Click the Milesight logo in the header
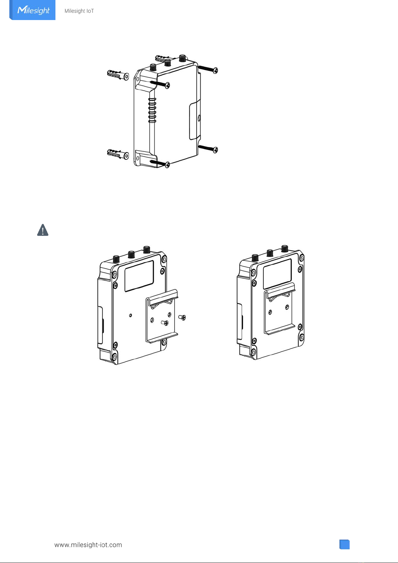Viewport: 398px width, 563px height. [33, 10]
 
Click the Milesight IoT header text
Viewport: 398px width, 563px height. [79, 11]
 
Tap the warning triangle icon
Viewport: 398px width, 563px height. [43, 230]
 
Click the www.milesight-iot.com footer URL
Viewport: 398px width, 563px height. [88, 545]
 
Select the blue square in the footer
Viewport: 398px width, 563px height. [345, 544]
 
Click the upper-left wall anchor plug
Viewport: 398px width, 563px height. [118, 75]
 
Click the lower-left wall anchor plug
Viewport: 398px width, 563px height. [118, 154]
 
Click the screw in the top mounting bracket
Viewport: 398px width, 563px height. [161, 84]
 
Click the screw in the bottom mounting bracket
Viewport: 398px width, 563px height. [160, 163]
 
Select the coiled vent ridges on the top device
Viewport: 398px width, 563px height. [152, 110]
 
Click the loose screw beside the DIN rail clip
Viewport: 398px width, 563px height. [182, 317]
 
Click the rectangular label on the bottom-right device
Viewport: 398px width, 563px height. [277, 274]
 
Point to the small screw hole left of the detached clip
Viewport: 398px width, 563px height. [131, 315]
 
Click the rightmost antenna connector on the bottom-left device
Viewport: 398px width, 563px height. [146, 250]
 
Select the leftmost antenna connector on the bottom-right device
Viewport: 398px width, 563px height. [255, 258]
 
